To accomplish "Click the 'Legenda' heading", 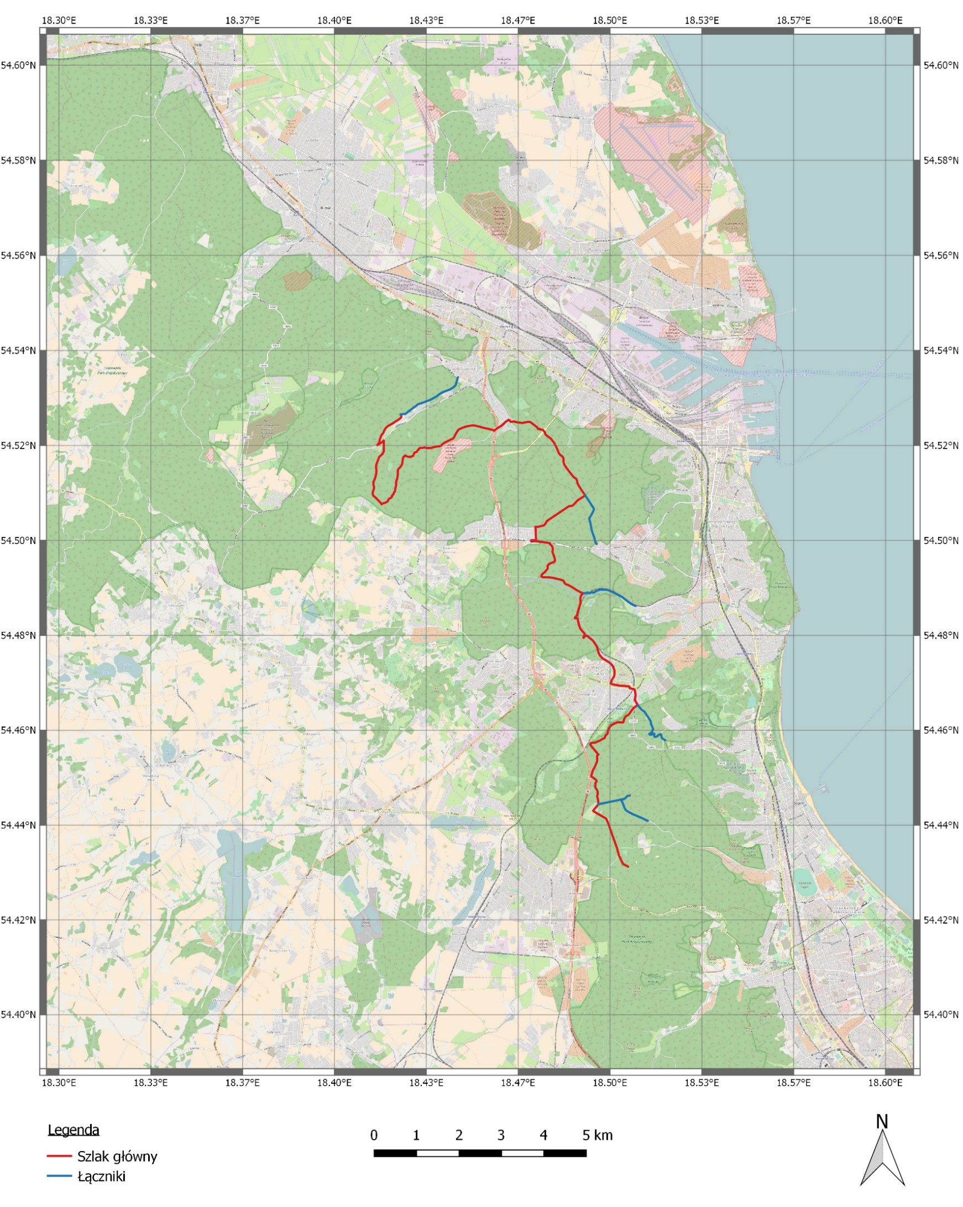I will coord(74,1129).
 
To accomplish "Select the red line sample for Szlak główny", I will coord(59,1156).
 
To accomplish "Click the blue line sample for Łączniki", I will coord(59,1176).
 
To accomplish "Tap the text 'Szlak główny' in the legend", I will coord(117,1156).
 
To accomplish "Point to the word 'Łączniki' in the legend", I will coord(101,1176).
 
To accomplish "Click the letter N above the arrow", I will coord(882,1121).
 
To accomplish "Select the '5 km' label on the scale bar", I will coord(598,1135).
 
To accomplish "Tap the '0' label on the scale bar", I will coord(374,1135).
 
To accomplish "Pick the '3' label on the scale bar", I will coord(500,1135).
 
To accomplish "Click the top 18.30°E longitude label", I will coord(59,20).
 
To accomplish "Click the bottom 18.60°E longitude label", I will coord(885,1083).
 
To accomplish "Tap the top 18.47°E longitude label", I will coord(518,20).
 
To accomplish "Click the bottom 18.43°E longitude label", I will coord(426,1083).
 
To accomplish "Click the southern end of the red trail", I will coord(627,866).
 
